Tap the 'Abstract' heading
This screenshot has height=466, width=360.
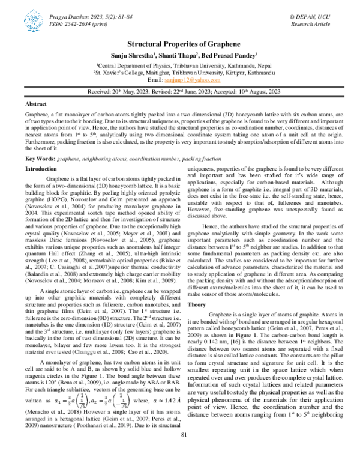point(38,104)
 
